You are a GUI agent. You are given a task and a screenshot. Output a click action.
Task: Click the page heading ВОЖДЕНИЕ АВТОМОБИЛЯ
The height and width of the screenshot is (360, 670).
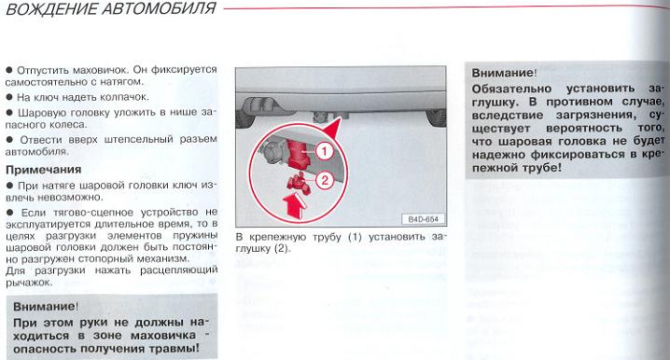click(x=111, y=9)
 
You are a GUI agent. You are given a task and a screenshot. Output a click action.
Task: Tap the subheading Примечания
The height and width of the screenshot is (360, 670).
click(x=44, y=170)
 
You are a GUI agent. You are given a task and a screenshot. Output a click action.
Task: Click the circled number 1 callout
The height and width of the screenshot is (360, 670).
click(x=325, y=151)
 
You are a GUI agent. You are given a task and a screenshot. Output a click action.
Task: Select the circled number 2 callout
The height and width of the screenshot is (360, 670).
click(x=325, y=179)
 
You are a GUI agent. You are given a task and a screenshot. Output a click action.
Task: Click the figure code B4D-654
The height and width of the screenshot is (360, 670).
click(x=423, y=219)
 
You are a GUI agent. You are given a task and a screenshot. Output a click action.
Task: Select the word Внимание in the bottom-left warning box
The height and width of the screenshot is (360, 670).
click(x=45, y=307)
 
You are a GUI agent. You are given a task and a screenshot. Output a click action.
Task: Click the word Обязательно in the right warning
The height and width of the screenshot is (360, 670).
click(x=511, y=89)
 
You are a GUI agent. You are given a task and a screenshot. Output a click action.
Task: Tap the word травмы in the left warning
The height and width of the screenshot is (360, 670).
click(x=174, y=349)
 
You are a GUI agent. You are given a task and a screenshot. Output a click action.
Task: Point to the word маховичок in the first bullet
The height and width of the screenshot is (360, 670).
click(x=100, y=69)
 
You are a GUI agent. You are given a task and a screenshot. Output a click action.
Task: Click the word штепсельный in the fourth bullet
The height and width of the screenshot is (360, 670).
click(x=138, y=140)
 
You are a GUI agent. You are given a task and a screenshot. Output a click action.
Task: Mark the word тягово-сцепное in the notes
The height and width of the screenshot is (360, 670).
click(x=93, y=213)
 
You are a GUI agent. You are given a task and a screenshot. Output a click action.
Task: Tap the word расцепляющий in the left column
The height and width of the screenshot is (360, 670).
click(x=178, y=270)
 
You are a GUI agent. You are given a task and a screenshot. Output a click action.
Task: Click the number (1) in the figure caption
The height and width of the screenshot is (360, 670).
click(x=355, y=237)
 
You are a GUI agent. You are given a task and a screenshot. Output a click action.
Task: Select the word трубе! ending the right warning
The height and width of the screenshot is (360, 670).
click(x=541, y=168)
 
